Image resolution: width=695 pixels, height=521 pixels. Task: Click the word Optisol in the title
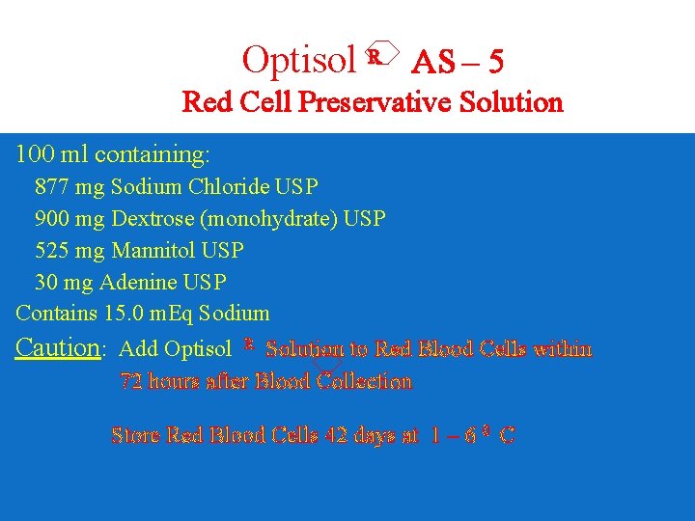[x=299, y=60]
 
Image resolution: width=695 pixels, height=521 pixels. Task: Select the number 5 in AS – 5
[x=494, y=62]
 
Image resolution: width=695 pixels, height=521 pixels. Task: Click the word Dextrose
[x=150, y=219]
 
